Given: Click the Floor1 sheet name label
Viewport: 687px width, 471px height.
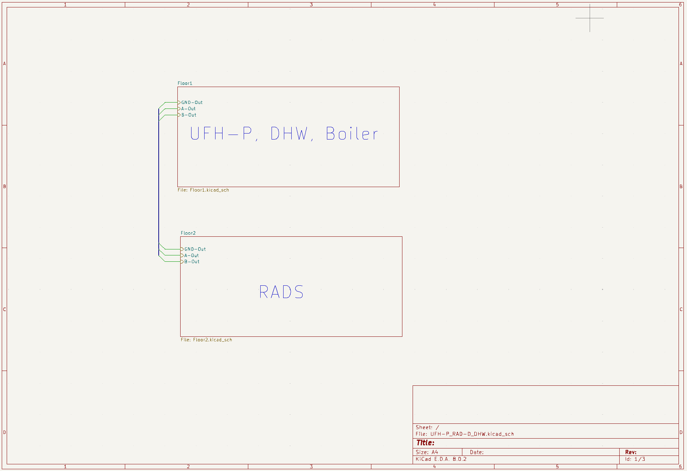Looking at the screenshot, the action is coord(185,83).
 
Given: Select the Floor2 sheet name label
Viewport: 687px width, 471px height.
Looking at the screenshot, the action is coord(188,233).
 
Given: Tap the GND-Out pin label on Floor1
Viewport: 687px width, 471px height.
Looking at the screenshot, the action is coord(192,103).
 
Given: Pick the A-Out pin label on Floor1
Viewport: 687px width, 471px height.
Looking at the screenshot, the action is coord(188,109).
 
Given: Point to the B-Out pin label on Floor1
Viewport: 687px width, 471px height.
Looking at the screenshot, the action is coord(189,115).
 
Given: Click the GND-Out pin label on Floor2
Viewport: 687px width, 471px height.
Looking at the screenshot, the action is coord(195,249).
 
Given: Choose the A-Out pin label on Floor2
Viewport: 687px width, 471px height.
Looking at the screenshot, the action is coord(191,255).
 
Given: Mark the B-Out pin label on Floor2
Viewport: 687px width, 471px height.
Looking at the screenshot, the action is coord(192,262).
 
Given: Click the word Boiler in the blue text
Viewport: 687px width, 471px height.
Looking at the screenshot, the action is coord(352,134).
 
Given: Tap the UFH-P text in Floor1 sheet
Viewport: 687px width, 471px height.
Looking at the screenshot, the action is coord(221,134).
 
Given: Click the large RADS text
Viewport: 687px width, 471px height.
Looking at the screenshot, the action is coord(281,292).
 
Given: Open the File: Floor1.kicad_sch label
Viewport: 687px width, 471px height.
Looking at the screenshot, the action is coord(203,190).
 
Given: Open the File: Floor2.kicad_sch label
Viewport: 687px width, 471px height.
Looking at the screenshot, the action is coord(206,340).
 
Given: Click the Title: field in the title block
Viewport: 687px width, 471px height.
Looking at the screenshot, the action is coord(425,443).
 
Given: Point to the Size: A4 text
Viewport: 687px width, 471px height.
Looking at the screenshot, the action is coord(427,452).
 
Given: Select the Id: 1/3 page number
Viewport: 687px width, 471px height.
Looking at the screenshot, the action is coord(635,459).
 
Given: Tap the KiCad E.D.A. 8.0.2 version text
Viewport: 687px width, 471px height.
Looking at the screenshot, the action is coord(441,459).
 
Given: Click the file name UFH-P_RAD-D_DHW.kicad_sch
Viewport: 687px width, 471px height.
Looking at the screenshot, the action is coord(472,434).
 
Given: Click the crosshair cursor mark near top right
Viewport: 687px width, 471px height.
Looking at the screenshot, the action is coord(590,18).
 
